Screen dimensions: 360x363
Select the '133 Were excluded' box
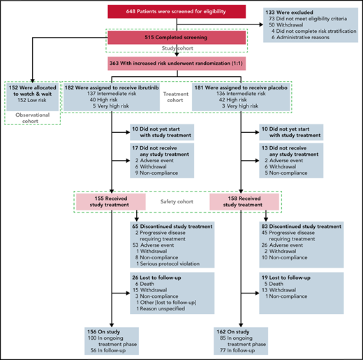(307, 25)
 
